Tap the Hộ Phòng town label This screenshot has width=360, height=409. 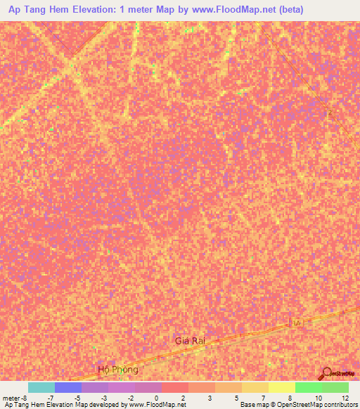(x=119, y=369)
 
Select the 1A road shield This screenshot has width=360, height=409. (x=297, y=322)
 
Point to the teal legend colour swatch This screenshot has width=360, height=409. (x=41, y=387)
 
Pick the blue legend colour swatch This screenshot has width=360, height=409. (x=68, y=387)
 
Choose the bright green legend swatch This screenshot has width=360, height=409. (x=309, y=387)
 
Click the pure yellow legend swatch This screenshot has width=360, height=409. (x=282, y=387)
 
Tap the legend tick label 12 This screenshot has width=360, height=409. (x=345, y=397)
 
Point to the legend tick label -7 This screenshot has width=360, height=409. (x=50, y=397)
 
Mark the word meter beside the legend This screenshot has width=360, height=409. (x=12, y=397)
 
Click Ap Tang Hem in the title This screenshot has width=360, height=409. (x=37, y=10)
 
